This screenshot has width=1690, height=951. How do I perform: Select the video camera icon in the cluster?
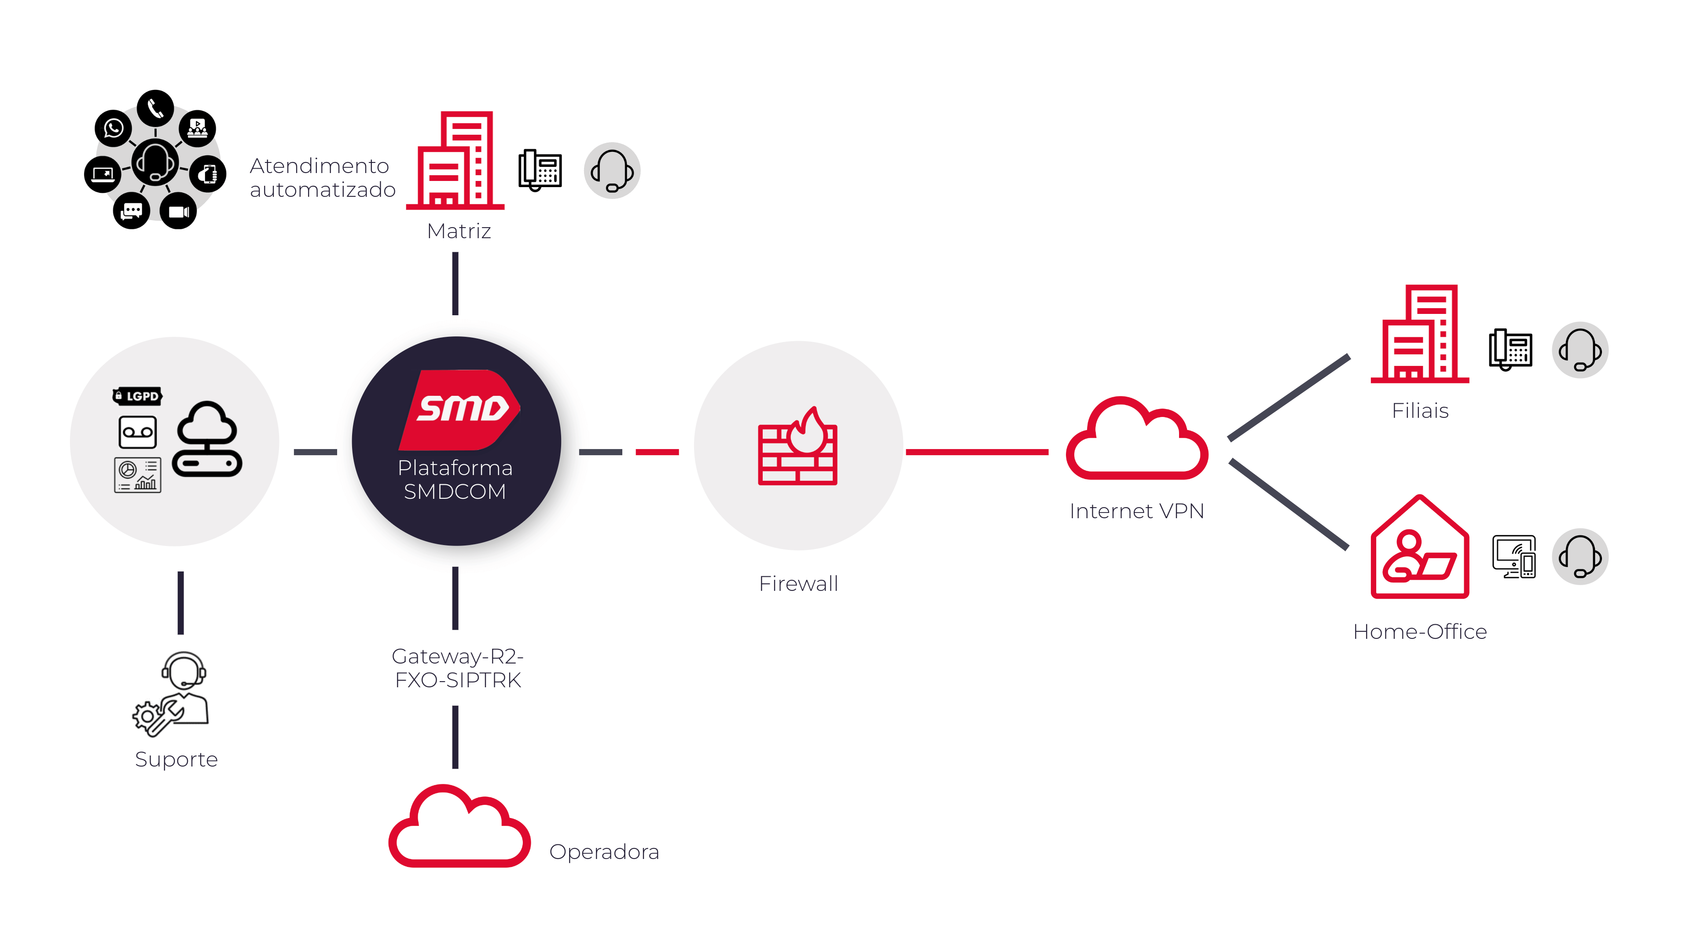coord(178,211)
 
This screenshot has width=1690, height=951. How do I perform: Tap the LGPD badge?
coord(137,396)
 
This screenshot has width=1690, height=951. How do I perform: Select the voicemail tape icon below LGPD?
coord(138,432)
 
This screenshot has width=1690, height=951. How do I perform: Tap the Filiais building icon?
coord(1420,334)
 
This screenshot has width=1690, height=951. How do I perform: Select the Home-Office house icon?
coord(1420,548)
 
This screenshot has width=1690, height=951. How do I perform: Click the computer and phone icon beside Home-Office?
coord(1514,557)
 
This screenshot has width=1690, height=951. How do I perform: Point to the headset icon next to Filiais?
coord(1580,350)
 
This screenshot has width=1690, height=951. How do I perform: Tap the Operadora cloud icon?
coord(459,828)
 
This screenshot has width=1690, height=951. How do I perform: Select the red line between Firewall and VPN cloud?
coord(976,452)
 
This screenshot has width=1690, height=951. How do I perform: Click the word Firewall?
coord(798,583)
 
